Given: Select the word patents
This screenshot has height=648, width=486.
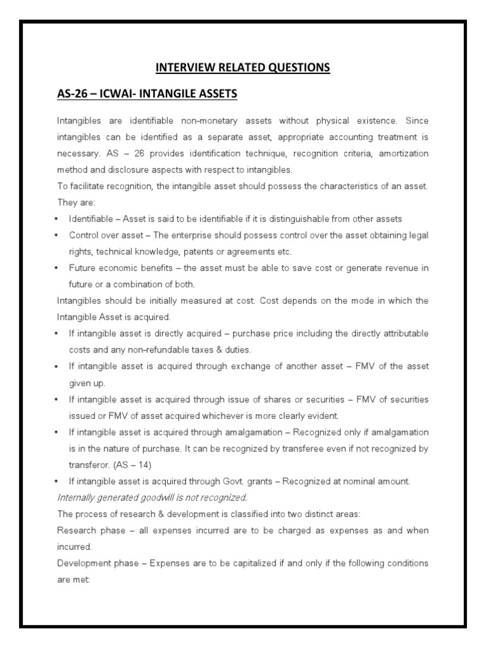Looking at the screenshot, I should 194,251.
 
